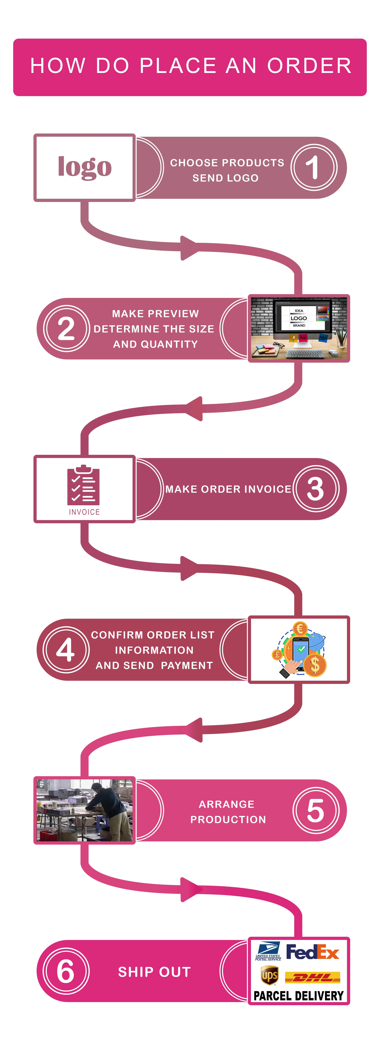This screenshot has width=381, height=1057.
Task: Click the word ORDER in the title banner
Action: pos(309,66)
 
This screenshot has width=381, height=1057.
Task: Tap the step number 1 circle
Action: pos(314,167)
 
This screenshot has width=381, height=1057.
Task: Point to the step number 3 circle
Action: pos(315,489)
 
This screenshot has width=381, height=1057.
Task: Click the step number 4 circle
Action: pos(66,650)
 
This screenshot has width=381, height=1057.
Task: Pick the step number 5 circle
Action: pos(315,810)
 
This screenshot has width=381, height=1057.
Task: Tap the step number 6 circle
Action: pos(66,971)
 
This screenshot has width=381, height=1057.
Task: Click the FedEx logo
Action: pos(312,952)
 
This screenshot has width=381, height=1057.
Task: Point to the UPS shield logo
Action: pos(269,975)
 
